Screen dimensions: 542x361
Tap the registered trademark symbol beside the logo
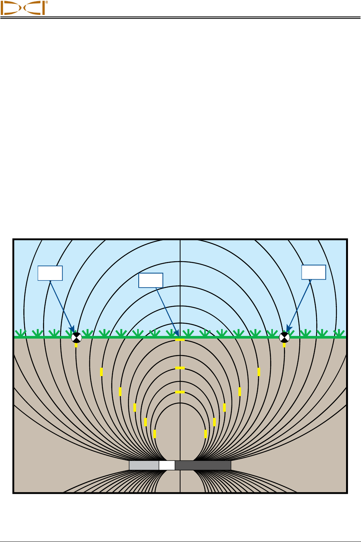click(x=47, y=2)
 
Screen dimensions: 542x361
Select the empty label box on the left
click(x=50, y=273)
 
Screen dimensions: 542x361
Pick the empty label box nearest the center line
click(x=151, y=280)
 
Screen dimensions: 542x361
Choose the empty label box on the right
click(x=313, y=272)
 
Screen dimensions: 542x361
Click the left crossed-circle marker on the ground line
click(x=76, y=337)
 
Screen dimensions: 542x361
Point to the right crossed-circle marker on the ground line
click(x=284, y=337)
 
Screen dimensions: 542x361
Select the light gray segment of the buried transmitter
click(x=144, y=465)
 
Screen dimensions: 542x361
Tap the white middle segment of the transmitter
click(x=167, y=465)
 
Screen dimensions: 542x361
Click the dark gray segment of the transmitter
click(x=203, y=465)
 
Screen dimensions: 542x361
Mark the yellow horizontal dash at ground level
click(x=180, y=340)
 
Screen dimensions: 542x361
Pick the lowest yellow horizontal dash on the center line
click(x=180, y=392)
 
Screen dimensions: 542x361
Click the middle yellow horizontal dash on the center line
click(x=180, y=368)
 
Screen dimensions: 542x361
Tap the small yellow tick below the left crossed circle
click(x=76, y=345)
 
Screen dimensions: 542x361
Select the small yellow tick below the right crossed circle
click(x=284, y=345)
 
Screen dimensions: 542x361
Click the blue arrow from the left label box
click(x=61, y=305)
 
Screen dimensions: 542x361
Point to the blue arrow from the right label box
click(x=299, y=305)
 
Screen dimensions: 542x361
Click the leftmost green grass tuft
click(x=20, y=333)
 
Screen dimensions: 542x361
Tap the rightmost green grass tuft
click(x=339, y=333)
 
